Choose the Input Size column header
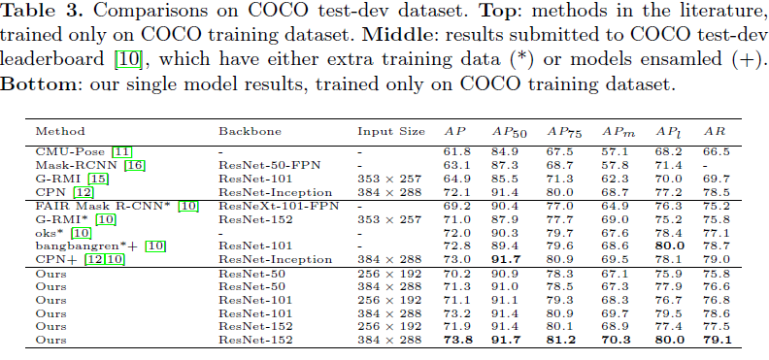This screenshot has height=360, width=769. (388, 130)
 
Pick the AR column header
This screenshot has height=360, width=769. (715, 130)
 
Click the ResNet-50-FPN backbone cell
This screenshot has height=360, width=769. (267, 166)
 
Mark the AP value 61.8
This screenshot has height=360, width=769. (456, 151)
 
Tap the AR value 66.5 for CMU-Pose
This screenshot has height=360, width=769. (715, 151)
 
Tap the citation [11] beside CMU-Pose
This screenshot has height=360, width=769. (121, 151)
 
